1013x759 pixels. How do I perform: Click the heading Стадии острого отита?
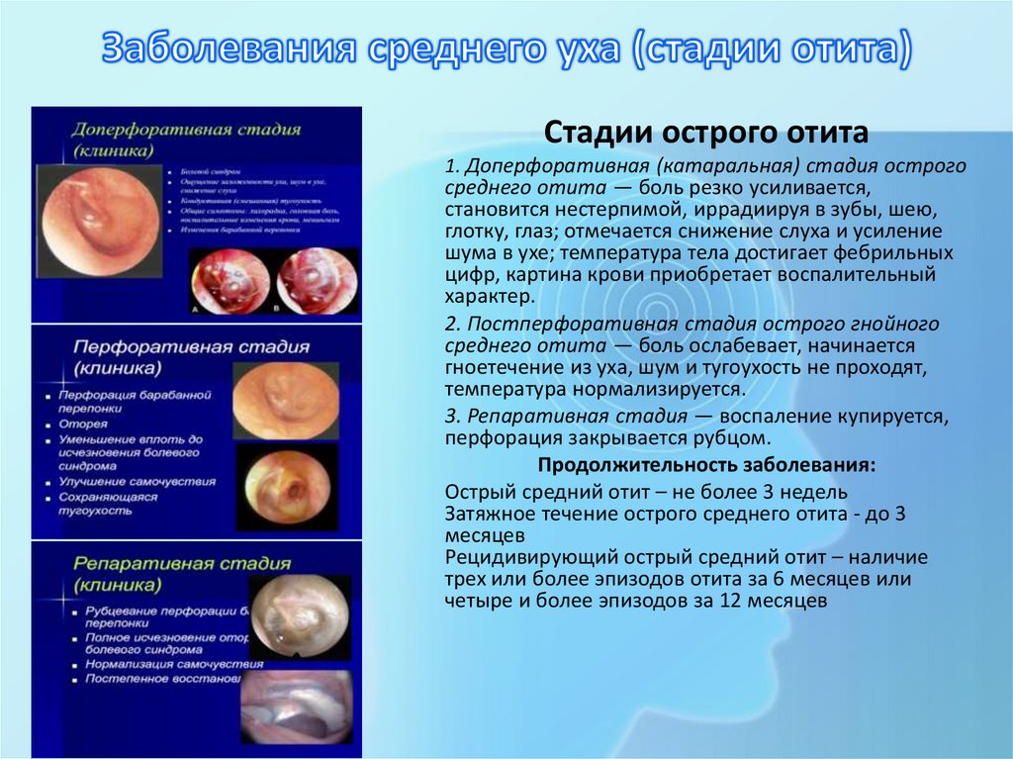pos(707,133)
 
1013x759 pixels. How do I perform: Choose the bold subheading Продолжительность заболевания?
pos(705,464)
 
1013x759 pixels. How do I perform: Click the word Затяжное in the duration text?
pos(485,515)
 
